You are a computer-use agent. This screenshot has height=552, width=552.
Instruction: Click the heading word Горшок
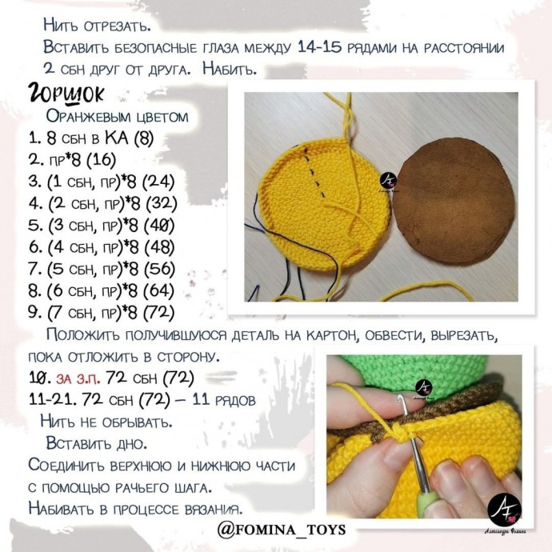[x=66, y=94]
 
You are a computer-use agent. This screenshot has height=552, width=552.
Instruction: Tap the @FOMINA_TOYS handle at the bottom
[x=281, y=530]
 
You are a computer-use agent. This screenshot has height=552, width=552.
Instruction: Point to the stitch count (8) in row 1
[x=143, y=138]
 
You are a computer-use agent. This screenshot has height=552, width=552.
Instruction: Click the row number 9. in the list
[x=35, y=311]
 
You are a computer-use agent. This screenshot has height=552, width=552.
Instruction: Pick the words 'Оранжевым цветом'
[x=117, y=117]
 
